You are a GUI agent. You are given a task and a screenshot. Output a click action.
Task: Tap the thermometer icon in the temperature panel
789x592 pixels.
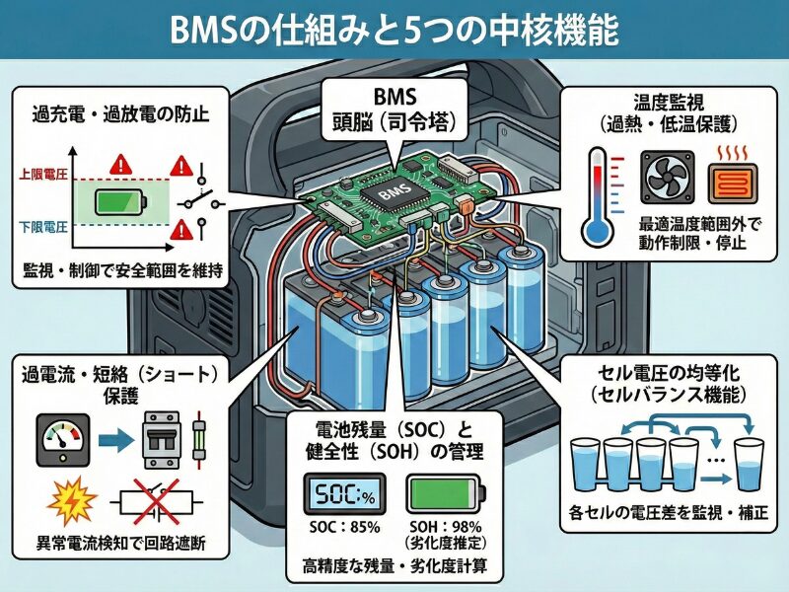tap(596, 197)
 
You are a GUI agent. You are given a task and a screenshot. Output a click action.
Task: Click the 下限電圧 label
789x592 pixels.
tap(43, 227)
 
